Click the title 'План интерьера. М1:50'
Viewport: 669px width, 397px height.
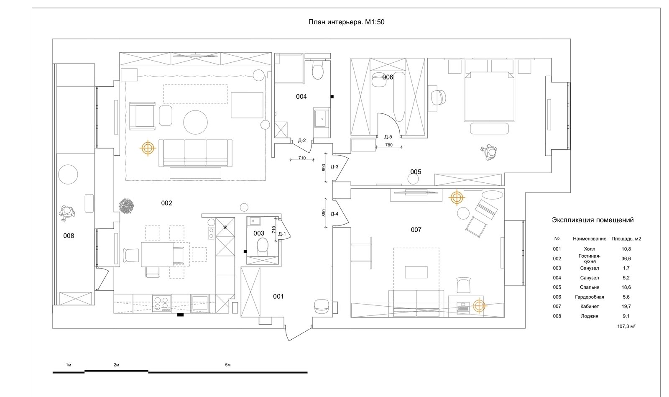[346, 22]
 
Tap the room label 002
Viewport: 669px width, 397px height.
[166, 203]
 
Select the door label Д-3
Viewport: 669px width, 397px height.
[334, 166]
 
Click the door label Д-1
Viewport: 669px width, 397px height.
[282, 234]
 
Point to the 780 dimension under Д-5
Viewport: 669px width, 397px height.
[389, 145]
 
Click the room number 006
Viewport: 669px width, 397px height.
[388, 77]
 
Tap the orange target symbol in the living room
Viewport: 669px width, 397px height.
[148, 148]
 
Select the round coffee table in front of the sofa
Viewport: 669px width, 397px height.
[195, 122]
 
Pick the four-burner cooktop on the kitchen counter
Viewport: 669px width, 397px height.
[161, 304]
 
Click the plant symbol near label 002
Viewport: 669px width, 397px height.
[126, 205]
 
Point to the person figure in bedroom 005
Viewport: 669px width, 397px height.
[489, 153]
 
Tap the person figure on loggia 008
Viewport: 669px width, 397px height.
[67, 213]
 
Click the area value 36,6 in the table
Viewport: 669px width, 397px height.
[626, 259]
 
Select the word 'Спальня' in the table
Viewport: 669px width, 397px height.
[590, 287]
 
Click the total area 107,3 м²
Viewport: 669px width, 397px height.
[626, 326]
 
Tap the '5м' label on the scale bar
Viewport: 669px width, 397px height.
[228, 365]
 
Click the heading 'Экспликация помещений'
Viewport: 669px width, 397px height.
[592, 220]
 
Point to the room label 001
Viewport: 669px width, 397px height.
[278, 296]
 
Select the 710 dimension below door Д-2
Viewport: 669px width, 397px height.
[302, 158]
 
